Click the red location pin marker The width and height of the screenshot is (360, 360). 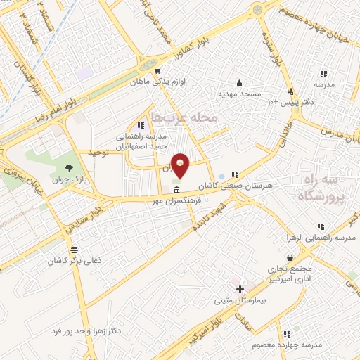click(x=181, y=165)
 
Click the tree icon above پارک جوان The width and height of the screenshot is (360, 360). click(x=69, y=167)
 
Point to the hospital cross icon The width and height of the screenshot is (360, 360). click(x=240, y=289)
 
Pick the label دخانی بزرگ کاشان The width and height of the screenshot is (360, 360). click(x=75, y=260)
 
